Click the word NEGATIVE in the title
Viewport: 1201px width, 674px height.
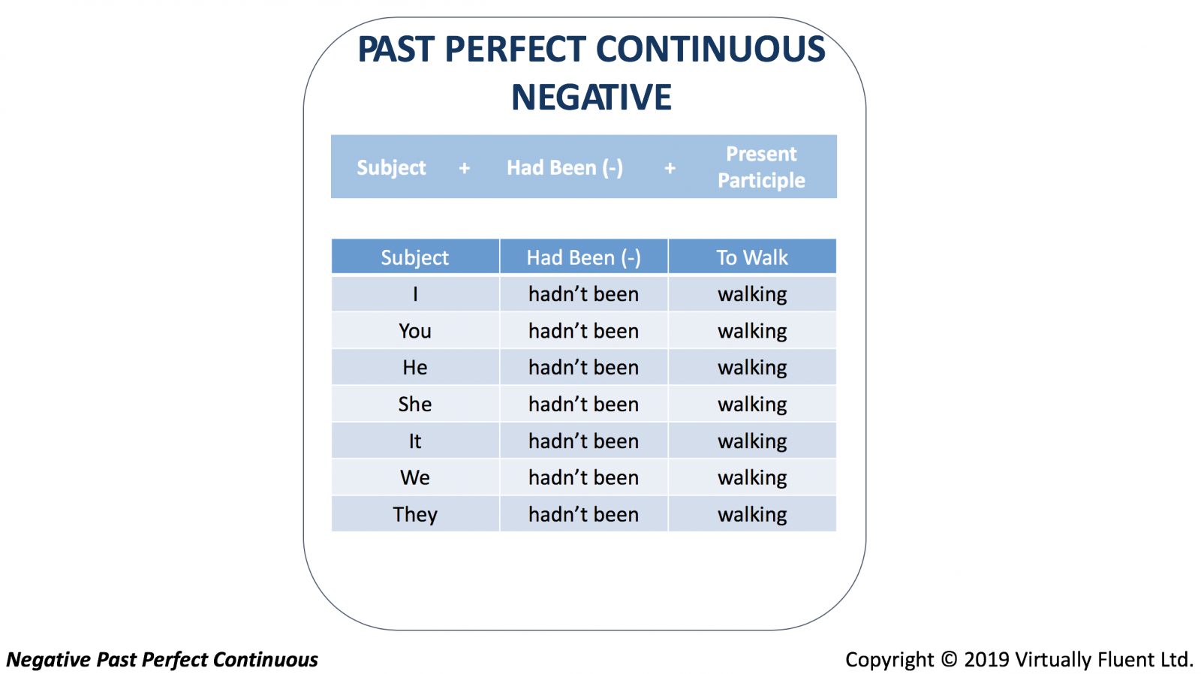click(x=591, y=97)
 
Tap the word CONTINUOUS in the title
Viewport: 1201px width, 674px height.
click(x=710, y=49)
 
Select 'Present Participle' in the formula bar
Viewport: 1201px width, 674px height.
click(x=761, y=167)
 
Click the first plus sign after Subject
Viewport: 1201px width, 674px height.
click(x=465, y=168)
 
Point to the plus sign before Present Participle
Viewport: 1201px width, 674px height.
click(x=670, y=168)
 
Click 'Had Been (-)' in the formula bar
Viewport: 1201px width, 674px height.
click(x=565, y=168)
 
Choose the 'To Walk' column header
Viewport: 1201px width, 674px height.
click(x=752, y=257)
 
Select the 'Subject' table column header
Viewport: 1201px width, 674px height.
click(x=415, y=258)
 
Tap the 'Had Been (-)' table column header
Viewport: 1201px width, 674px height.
click(x=584, y=258)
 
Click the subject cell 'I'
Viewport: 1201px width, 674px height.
click(x=415, y=293)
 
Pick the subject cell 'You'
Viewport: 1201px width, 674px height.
click(x=415, y=331)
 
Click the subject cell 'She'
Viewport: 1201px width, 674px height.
click(x=415, y=405)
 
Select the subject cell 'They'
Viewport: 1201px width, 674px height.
click(x=415, y=515)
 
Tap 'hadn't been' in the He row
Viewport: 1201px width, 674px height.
click(x=584, y=367)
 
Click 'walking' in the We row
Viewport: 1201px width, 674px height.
click(x=752, y=478)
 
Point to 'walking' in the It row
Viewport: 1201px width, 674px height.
click(x=752, y=441)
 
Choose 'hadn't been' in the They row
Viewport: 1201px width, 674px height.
click(x=584, y=515)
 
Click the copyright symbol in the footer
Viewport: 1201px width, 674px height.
click(x=949, y=660)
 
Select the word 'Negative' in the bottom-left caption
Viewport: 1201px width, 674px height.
click(x=49, y=660)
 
